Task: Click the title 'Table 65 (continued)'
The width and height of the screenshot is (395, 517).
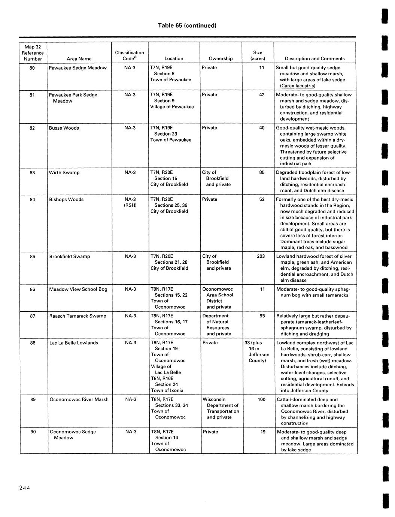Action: tap(187, 25)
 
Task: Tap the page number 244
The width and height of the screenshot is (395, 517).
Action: tap(23, 487)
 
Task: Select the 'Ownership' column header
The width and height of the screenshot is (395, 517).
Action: tap(221, 58)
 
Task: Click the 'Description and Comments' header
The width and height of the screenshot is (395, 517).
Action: tap(315, 58)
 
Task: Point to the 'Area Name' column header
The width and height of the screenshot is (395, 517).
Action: tap(79, 58)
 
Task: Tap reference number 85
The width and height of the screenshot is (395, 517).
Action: tap(33, 256)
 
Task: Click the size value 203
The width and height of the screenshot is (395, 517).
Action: tap(261, 256)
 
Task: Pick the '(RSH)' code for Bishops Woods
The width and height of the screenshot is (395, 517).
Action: tap(130, 205)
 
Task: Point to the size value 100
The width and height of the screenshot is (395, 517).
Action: tap(261, 399)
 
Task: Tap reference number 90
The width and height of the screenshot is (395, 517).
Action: tap(33, 432)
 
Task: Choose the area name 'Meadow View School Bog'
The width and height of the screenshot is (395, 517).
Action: tap(78, 289)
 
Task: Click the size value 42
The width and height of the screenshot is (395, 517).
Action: tap(262, 95)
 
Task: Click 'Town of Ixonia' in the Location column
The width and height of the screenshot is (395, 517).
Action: tap(167, 390)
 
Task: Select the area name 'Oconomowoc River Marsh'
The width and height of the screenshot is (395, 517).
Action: tap(79, 399)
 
